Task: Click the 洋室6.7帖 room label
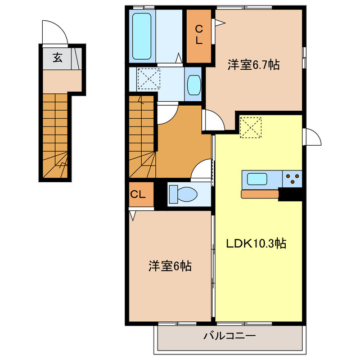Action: (253, 65)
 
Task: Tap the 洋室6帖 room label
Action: (170, 265)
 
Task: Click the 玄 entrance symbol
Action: (57, 57)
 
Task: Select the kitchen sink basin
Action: (257, 179)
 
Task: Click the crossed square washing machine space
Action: (150, 79)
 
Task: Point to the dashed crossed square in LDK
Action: (251, 127)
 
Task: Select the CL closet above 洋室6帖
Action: (139, 195)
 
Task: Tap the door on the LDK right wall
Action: (311, 137)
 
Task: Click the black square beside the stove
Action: (291, 194)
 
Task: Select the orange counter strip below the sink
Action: (260, 194)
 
